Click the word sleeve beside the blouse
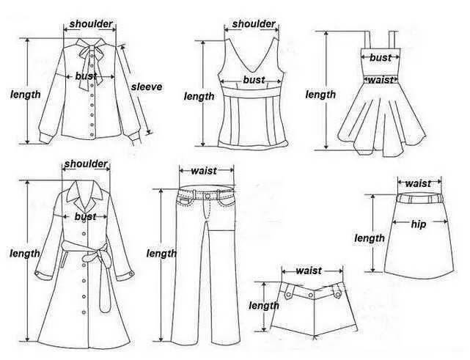(147, 87)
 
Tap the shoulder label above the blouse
(91, 24)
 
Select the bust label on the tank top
(254, 80)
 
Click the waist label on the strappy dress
(381, 80)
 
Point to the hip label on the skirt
(419, 224)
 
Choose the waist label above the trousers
(204, 171)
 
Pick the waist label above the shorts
(309, 271)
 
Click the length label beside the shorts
(264, 306)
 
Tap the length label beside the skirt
(370, 238)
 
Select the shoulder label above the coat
(86, 164)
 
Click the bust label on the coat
(86, 216)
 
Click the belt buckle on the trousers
(208, 196)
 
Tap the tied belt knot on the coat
(91, 257)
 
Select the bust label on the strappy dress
(381, 57)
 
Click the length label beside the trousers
(161, 254)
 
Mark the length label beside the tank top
(199, 96)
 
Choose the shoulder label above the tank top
(254, 24)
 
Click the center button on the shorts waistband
(311, 295)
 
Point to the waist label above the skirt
(419, 183)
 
